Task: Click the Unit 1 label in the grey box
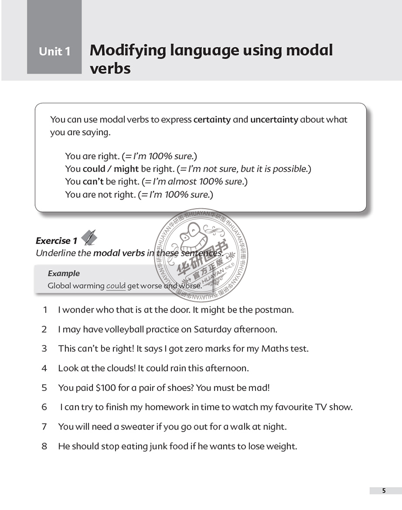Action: (x=54, y=51)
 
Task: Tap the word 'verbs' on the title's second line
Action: (x=110, y=68)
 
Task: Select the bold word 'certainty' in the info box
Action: (x=212, y=120)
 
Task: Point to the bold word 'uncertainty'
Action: (x=274, y=120)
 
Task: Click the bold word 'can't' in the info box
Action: (x=93, y=181)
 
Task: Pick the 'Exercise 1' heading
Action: (x=56, y=241)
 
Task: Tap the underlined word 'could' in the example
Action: (x=116, y=286)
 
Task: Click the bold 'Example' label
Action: (x=64, y=273)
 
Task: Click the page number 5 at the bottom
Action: (x=384, y=491)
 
